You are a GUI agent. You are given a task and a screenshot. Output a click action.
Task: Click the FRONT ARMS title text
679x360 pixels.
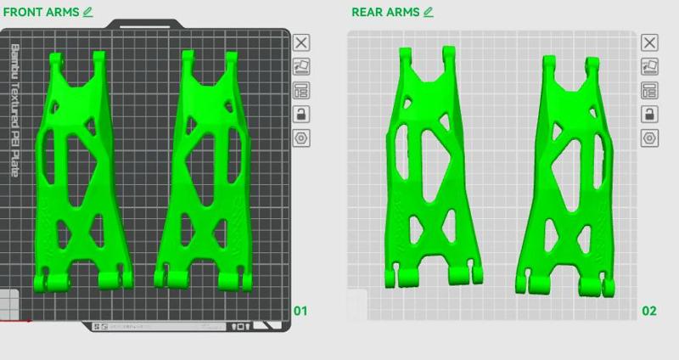coord(41,12)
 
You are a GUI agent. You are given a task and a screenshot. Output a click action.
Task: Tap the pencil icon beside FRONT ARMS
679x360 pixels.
coord(88,12)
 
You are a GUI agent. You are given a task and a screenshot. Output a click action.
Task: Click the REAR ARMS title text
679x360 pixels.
coord(385,12)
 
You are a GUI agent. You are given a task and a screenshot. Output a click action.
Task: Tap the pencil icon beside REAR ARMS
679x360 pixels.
coord(429,12)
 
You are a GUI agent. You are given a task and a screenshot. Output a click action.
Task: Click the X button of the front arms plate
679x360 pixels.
coord(302,42)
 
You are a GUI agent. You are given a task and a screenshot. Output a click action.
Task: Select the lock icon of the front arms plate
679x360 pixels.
coord(302,114)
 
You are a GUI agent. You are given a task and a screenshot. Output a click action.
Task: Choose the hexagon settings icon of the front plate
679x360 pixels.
coord(302,138)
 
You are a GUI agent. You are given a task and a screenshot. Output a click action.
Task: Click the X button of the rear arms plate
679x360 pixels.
coord(649,42)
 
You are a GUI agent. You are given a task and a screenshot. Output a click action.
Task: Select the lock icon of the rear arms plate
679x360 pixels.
coord(649,114)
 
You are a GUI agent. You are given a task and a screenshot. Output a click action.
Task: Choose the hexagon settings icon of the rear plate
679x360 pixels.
coord(649,138)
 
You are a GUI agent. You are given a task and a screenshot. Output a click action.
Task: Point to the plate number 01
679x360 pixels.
coord(300,311)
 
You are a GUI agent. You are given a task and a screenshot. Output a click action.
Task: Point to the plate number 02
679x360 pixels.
coord(648,311)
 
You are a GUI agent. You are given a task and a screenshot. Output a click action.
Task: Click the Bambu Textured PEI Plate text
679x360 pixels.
coord(15,110)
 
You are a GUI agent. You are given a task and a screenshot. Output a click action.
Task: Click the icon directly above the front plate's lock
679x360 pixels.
coord(302,90)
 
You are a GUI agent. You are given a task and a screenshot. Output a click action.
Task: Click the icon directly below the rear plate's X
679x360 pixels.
coord(649,66)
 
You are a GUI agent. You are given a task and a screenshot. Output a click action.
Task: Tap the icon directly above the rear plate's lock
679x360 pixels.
coord(649,90)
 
